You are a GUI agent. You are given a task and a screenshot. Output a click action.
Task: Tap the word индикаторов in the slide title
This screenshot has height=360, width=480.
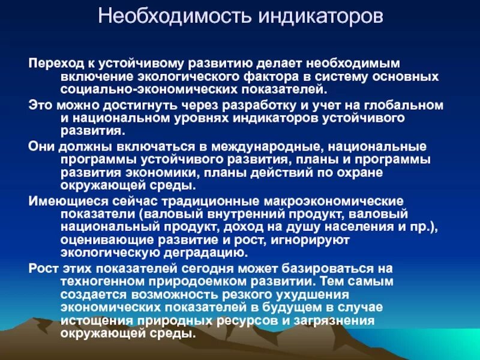(320, 17)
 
